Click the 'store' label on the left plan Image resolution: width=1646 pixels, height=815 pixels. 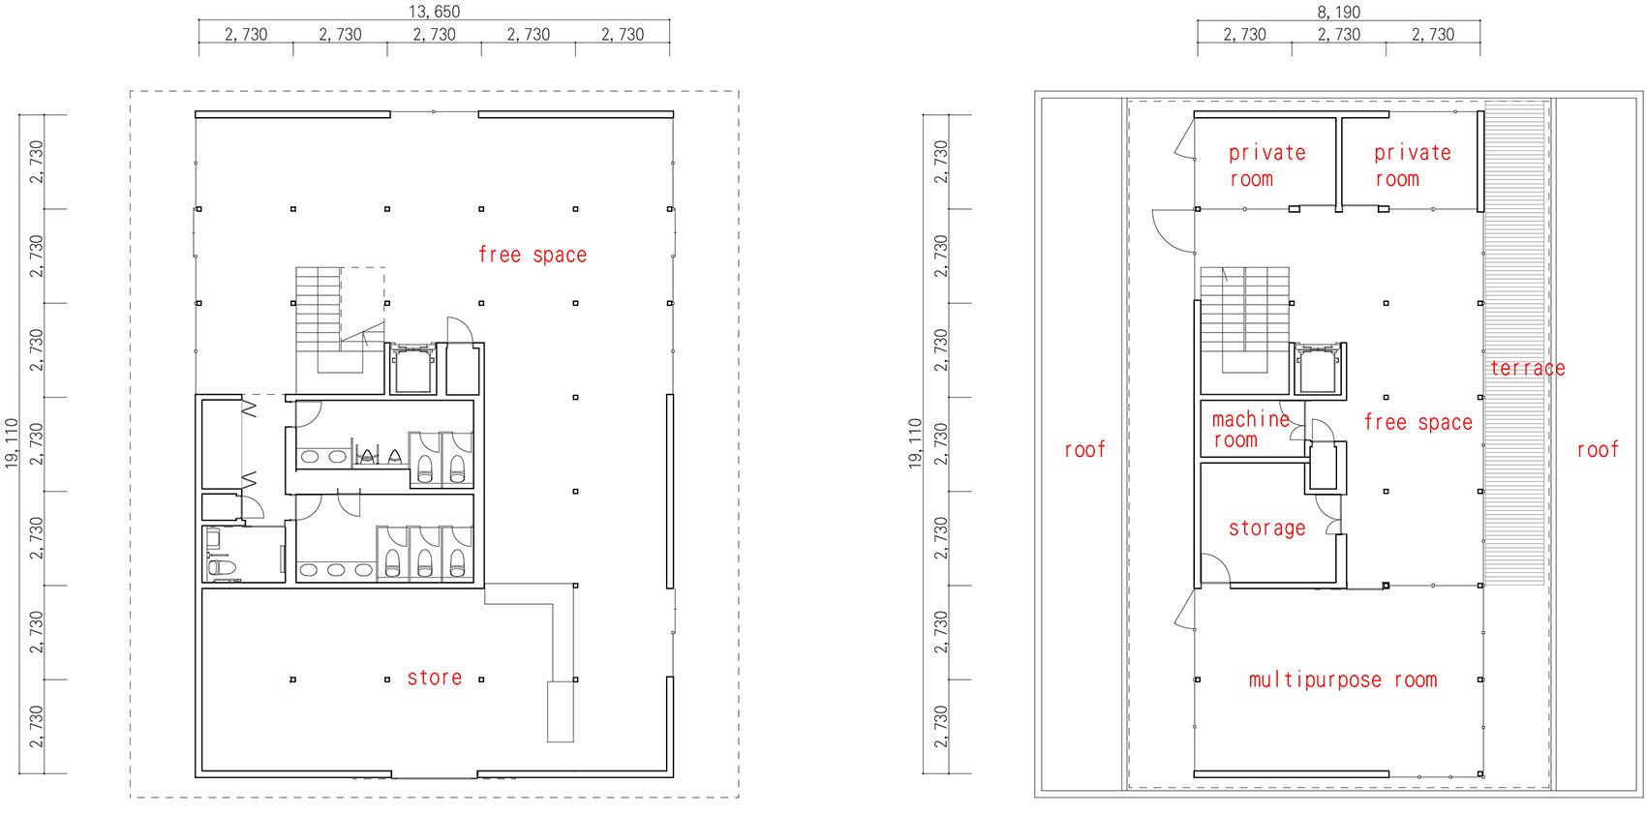coord(434,678)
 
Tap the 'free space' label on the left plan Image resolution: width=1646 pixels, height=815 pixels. coord(532,255)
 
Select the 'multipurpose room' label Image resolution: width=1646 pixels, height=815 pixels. coord(1342,679)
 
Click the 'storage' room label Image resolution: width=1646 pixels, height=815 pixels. coord(1266,528)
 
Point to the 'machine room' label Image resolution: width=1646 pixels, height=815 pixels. coord(1249,430)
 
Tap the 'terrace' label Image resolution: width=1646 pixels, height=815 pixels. coord(1527,368)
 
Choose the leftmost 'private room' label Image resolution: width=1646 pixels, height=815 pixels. coord(1266,166)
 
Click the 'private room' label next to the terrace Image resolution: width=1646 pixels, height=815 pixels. coord(1412,166)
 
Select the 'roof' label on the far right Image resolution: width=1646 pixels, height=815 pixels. coord(1597,449)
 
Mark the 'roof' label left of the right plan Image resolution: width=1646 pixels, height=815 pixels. coord(1083,449)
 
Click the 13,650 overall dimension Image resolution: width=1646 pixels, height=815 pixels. coord(434,12)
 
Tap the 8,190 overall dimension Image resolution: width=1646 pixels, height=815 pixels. coord(1338,12)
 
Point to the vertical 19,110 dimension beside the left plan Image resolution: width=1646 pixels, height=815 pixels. coord(12,443)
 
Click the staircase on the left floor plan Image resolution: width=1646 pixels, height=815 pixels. coord(319,319)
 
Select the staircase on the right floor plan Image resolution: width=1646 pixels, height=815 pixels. coord(1244,319)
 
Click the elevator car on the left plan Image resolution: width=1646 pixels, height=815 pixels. coord(411,369)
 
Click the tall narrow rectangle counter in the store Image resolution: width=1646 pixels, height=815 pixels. coord(560,711)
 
